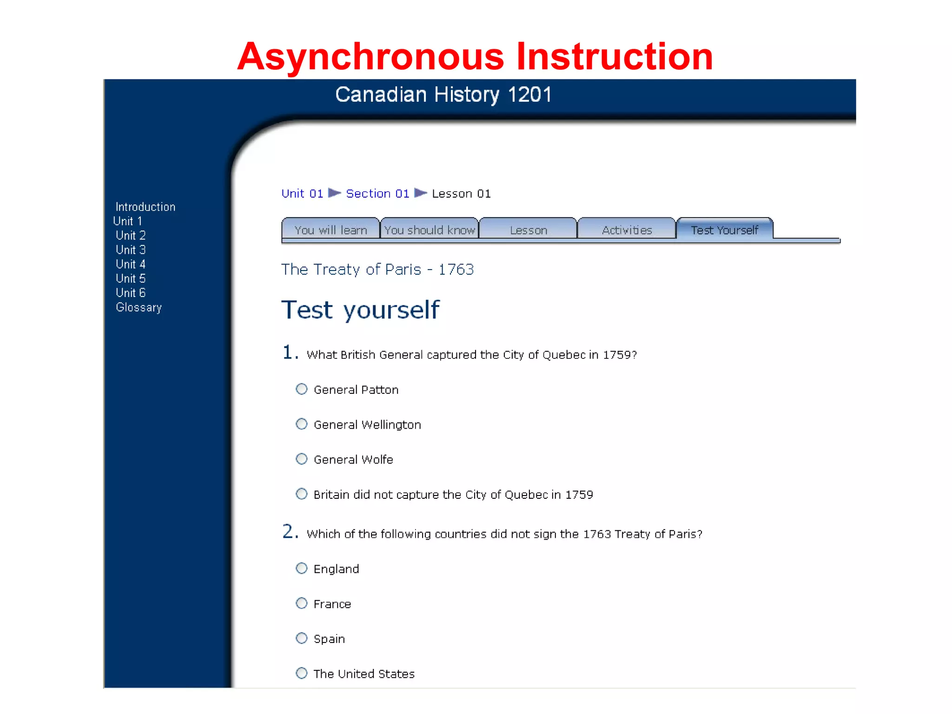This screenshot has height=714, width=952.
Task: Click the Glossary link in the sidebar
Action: coord(139,307)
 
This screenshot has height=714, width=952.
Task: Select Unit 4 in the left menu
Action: coord(131,264)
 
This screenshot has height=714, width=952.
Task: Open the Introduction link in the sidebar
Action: coord(145,207)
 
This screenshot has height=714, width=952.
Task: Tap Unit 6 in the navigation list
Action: coord(131,293)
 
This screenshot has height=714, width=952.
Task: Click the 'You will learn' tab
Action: coord(331,230)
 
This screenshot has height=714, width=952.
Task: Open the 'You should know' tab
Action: coord(430,230)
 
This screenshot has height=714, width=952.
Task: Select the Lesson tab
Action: coord(528,230)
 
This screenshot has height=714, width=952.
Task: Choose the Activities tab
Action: coord(627,230)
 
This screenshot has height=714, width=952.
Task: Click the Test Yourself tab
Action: coord(724,230)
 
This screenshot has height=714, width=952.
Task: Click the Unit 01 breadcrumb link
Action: coord(302,193)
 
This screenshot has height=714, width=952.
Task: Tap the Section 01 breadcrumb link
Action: coord(377,193)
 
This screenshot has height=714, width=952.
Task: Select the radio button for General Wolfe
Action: coord(302,459)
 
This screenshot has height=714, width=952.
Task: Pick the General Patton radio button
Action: coord(302,389)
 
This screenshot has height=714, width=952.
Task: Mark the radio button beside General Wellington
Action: coord(302,424)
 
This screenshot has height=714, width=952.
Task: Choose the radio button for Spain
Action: coord(302,638)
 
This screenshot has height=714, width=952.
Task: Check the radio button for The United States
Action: coord(302,673)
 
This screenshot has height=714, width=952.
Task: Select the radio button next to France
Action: coord(302,603)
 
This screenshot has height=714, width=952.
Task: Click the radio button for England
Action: coord(302,569)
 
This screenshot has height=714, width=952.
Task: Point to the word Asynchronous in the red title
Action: coord(370,57)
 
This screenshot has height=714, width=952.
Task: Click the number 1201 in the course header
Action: coord(529,94)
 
